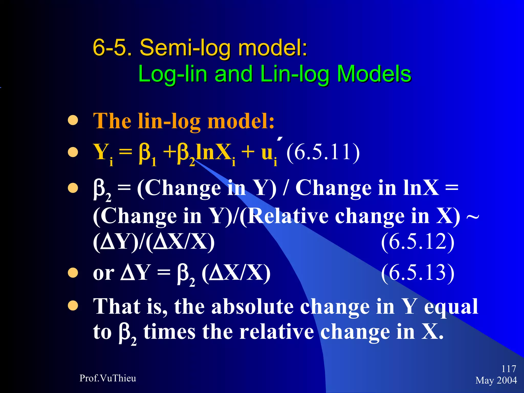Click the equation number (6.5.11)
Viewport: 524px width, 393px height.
click(323, 152)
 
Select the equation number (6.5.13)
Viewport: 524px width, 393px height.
click(418, 273)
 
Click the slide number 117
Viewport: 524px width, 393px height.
click(508, 369)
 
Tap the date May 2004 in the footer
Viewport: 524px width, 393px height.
click(496, 380)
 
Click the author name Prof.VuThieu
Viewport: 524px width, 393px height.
click(108, 378)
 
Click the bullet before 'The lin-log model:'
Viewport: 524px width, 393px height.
click(73, 121)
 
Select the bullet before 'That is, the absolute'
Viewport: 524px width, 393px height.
click(73, 305)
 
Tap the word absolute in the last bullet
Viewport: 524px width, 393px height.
click(252, 307)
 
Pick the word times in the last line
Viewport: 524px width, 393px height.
click(169, 332)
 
